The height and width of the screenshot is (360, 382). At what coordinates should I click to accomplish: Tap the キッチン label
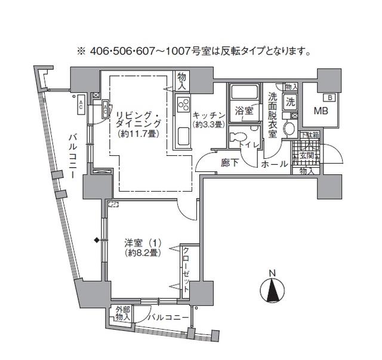(x=208, y=115)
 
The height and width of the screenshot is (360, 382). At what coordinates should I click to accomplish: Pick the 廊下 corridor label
(x=229, y=163)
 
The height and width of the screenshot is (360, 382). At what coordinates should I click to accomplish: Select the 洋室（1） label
(x=141, y=243)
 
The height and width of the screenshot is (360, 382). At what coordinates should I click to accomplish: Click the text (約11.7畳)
(x=138, y=134)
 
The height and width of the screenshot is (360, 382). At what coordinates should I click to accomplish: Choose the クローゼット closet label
(x=186, y=268)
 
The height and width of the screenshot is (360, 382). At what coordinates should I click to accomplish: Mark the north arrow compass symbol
(x=272, y=291)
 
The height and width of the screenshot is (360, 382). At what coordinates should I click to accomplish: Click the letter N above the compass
(x=272, y=274)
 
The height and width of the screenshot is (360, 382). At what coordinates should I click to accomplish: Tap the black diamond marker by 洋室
(x=96, y=241)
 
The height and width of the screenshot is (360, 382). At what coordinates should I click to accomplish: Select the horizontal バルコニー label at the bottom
(x=168, y=317)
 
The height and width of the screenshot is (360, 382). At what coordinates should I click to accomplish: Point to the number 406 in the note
(x=100, y=51)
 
